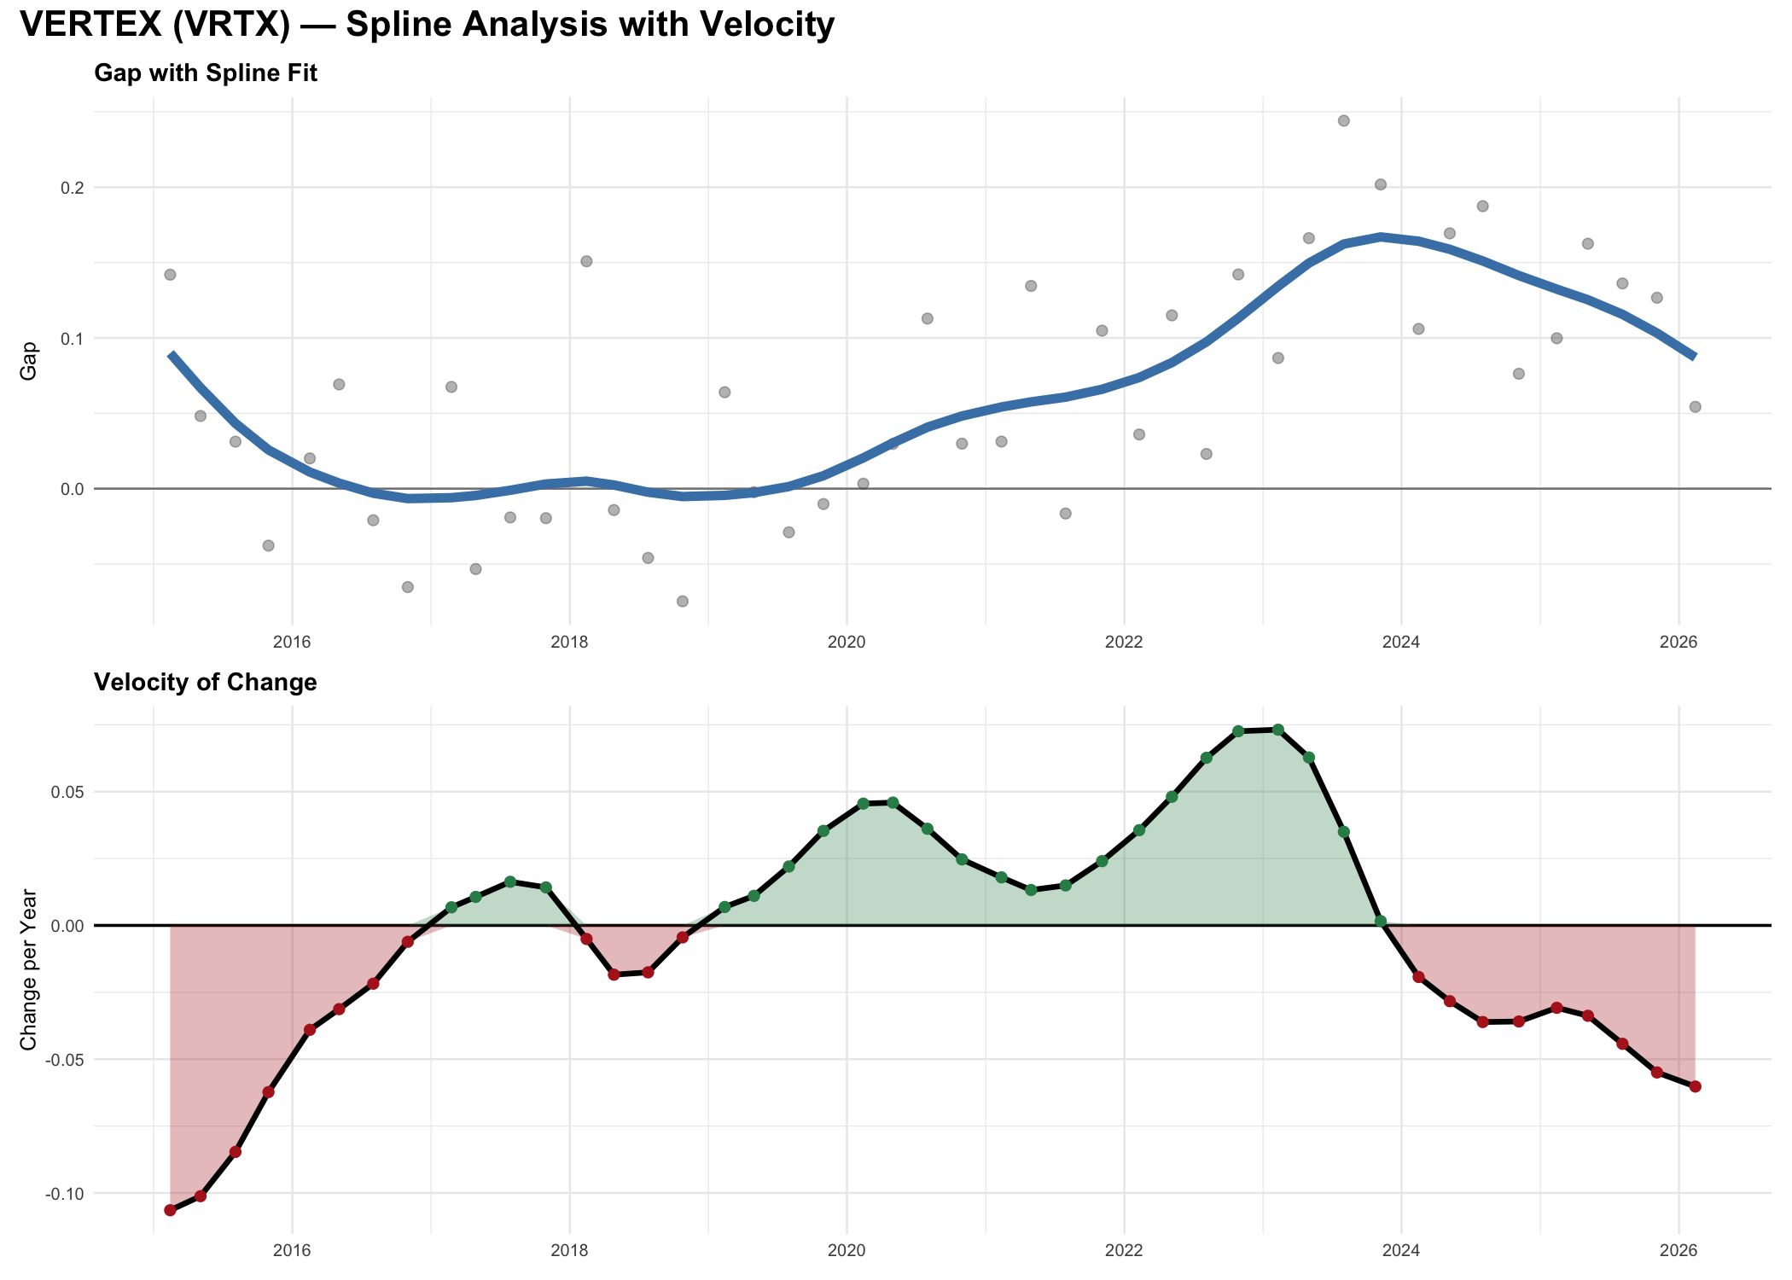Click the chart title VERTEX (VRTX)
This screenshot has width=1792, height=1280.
[x=427, y=25]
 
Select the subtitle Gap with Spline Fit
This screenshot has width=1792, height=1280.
[x=206, y=73]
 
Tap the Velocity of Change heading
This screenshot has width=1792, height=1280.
[x=206, y=683]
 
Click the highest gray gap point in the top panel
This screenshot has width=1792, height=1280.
[x=1343, y=120]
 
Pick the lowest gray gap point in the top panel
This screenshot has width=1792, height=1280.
[x=683, y=601]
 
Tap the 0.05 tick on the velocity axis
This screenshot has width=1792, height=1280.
[x=68, y=792]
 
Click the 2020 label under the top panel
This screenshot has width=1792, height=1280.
[x=847, y=642]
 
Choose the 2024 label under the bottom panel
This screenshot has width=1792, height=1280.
[x=1401, y=1251]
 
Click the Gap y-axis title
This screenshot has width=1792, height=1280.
[x=29, y=360]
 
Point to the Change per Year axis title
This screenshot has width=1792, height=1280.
[x=29, y=969]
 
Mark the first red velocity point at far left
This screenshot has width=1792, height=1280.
[x=170, y=1210]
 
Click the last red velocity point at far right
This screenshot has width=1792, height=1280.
[x=1695, y=1086]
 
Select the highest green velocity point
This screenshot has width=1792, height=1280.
[x=1277, y=730]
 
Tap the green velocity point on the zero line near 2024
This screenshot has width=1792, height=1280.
[x=1381, y=921]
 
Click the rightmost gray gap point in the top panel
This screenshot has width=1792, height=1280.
[x=1695, y=407]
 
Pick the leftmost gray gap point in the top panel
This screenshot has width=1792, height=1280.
[x=170, y=275]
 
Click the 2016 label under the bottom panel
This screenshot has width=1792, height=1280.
[x=292, y=1251]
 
